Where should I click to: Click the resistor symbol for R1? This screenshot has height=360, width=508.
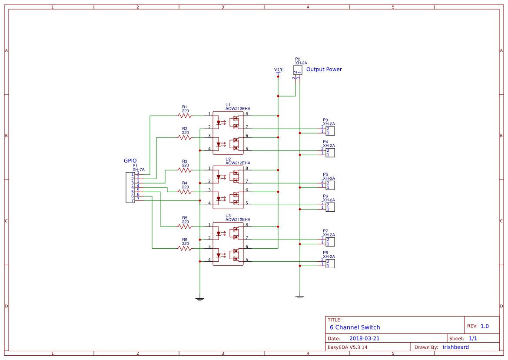pos(185,116)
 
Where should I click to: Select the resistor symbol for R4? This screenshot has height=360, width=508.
pos(185,192)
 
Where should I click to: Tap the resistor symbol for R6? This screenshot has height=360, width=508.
pos(185,248)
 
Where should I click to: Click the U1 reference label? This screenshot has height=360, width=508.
pos(228,105)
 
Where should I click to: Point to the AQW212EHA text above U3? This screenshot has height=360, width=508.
pos(238,220)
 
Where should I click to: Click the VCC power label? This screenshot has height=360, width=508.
pos(279,70)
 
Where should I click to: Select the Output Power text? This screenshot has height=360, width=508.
pos(324,70)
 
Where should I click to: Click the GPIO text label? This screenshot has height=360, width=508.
pos(130,161)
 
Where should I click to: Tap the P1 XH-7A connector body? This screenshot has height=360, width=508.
pos(130,187)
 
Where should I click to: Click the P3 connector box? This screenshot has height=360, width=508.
pos(330,131)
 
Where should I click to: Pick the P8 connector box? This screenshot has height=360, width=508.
pos(330,263)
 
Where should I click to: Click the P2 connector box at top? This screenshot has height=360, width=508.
pos(297,70)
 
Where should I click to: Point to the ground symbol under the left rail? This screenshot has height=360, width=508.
pos(199,299)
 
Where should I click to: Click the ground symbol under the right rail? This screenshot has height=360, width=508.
pos(299,297)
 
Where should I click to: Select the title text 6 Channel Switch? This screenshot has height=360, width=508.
pos(355,327)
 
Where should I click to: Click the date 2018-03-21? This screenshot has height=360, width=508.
pos(364,338)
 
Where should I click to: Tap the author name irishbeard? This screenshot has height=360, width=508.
pos(455,347)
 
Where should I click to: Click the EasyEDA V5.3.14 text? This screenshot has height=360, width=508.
pos(347,347)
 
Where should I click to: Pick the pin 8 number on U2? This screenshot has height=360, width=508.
pos(247,168)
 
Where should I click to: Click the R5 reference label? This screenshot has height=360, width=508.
pos(185,218)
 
